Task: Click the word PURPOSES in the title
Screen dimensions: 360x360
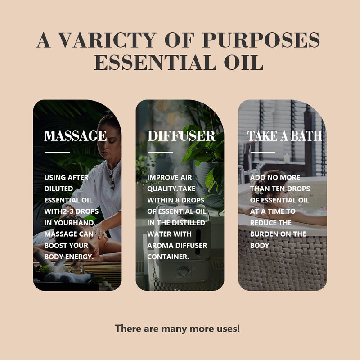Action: click(x=261, y=41)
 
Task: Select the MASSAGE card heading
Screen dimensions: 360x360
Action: click(x=76, y=136)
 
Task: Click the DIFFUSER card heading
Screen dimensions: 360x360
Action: click(x=181, y=136)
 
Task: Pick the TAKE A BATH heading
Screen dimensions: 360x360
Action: click(x=284, y=136)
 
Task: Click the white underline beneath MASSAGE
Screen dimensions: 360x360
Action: click(x=57, y=153)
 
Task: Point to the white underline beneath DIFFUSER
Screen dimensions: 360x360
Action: click(x=160, y=153)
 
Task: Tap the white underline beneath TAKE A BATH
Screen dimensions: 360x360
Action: click(x=262, y=153)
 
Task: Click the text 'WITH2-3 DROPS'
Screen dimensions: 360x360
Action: click(x=71, y=211)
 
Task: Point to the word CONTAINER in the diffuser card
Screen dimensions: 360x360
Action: click(x=168, y=257)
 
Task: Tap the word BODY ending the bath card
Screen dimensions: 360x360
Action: click(x=260, y=246)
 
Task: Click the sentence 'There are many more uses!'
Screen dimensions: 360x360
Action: click(x=178, y=328)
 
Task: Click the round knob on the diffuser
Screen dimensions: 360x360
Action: click(x=183, y=271)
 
